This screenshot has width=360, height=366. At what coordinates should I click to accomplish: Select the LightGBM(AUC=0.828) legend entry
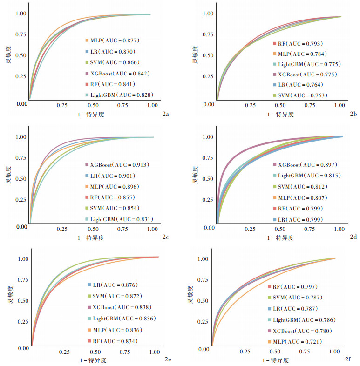click(119, 95)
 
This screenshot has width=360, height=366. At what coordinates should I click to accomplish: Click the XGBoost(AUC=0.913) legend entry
click(119, 165)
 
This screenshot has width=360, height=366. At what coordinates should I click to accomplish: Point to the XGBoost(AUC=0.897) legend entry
click(307, 165)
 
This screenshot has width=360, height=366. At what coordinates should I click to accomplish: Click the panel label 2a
click(165, 113)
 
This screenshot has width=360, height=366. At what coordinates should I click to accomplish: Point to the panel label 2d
click(353, 237)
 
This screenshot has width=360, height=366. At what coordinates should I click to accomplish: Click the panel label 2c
click(166, 237)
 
